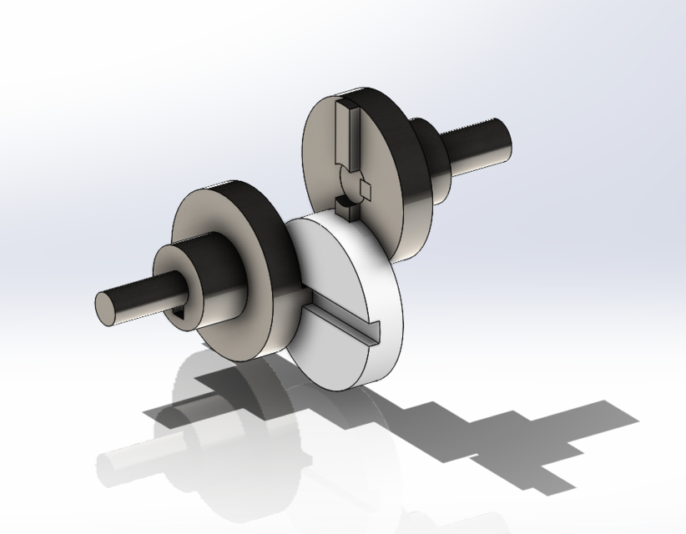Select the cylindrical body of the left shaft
(x=146, y=293)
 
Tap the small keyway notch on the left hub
(x=181, y=313)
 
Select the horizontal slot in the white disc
(x=342, y=322)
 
